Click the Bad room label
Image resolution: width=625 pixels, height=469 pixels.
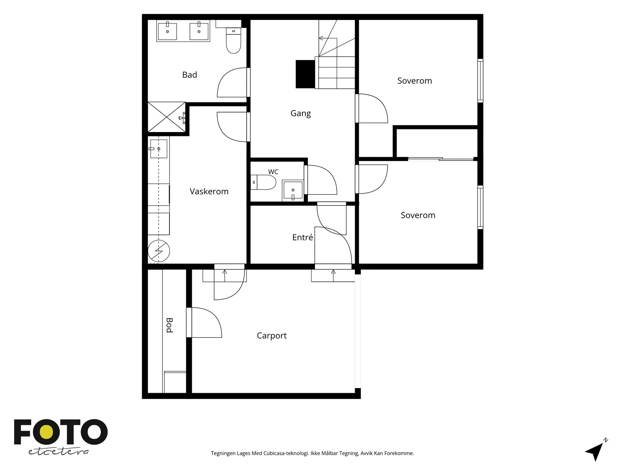(x=189, y=75)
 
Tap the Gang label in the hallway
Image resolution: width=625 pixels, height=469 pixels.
(x=300, y=113)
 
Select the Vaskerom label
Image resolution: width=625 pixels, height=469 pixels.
(x=209, y=192)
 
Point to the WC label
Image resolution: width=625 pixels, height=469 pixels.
(x=273, y=172)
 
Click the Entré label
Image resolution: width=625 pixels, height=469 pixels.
(x=302, y=237)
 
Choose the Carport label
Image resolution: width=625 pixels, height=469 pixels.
(x=271, y=336)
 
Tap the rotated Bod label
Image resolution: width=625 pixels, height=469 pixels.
(x=170, y=325)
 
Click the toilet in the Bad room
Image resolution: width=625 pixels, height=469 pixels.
(x=234, y=40)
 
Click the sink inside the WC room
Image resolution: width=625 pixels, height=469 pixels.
(x=293, y=190)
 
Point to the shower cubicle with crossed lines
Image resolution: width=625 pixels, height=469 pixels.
(x=166, y=117)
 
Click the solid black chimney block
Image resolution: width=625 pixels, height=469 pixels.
(x=305, y=74)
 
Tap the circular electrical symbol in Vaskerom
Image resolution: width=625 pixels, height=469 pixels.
(x=159, y=251)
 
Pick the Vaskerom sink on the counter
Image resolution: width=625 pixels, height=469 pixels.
(x=158, y=149)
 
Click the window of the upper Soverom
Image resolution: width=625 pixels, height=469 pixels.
(x=480, y=81)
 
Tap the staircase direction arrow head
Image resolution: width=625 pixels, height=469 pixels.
(x=321, y=38)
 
